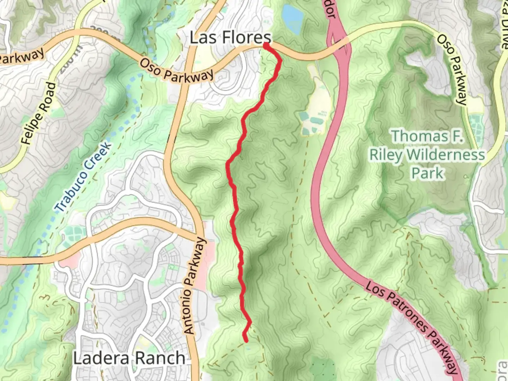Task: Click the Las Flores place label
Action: point(231,37)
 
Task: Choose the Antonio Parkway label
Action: point(195,286)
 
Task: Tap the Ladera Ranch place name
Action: point(129,358)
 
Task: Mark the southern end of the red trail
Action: point(246,340)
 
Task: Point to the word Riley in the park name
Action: point(386,155)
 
